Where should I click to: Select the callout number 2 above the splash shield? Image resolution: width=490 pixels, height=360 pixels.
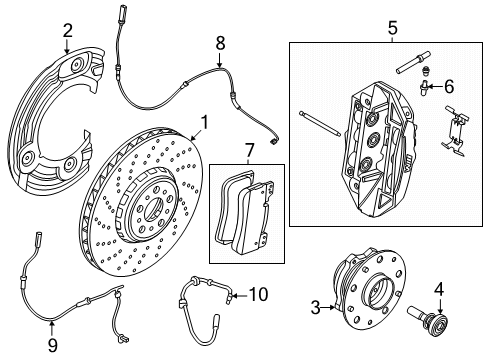tap(67, 30)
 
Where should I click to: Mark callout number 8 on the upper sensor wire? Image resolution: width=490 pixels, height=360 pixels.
tap(221, 42)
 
